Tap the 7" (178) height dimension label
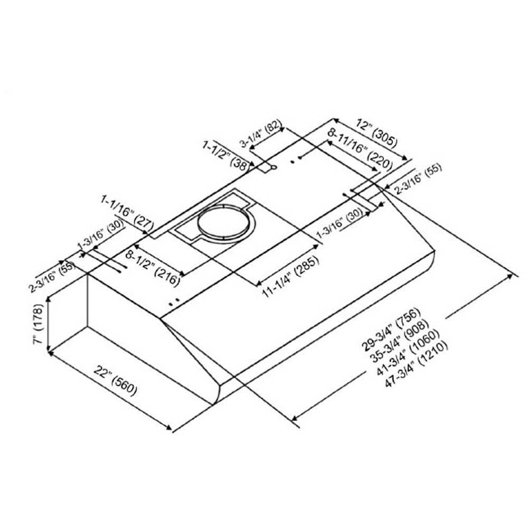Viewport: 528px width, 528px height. [x=39, y=324]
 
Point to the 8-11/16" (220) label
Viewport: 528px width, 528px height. [x=360, y=149]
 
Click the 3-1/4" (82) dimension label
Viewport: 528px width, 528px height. [x=260, y=134]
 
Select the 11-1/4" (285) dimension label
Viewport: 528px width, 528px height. [x=290, y=277]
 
